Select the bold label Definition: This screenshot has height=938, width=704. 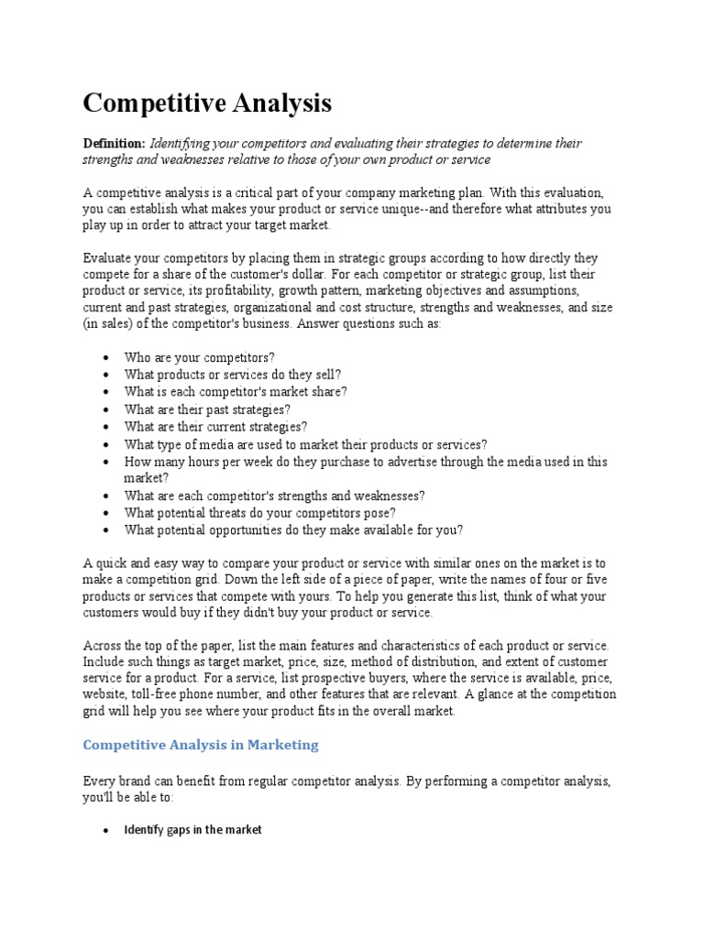pos(114,144)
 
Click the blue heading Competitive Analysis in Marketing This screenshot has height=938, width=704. pos(201,745)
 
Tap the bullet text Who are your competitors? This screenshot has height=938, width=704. pos(199,356)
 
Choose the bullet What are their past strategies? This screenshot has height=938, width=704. pos(207,409)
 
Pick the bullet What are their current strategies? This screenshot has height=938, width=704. pos(215,427)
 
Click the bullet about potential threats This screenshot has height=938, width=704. pos(259,513)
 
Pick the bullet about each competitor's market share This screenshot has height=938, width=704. pos(236,391)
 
